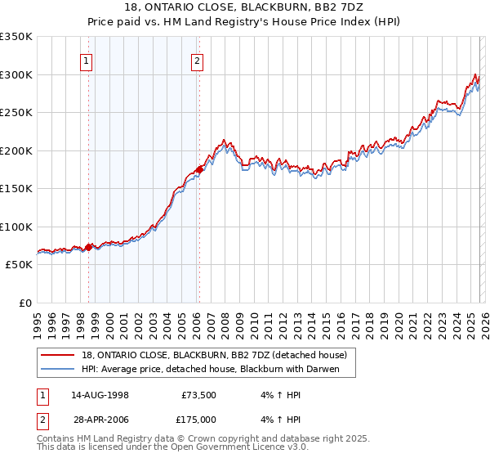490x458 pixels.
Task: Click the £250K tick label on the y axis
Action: (x=16, y=113)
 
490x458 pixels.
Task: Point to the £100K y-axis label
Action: (x=16, y=227)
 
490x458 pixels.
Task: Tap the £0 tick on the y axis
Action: (x=24, y=303)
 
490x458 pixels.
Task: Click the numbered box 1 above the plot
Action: (x=87, y=60)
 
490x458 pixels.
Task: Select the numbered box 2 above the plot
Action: (x=198, y=60)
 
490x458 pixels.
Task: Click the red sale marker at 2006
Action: (x=198, y=170)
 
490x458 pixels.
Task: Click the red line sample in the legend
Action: (x=58, y=355)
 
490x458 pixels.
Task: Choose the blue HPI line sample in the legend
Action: (x=58, y=369)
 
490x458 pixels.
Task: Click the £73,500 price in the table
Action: (x=197, y=395)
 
